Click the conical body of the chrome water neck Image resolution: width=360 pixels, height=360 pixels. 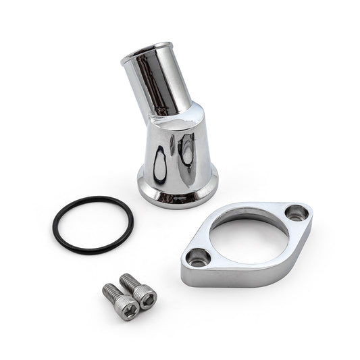point(177,152)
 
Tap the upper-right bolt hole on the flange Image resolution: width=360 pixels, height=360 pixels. point(297,213)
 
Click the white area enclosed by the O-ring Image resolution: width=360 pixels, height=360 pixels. point(93,224)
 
